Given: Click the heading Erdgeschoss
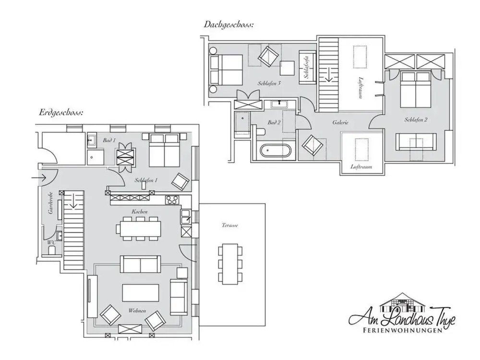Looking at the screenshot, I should (61, 113).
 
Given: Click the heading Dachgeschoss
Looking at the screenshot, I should (228, 24).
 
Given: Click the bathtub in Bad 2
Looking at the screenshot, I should (276, 150).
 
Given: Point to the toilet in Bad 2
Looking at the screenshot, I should (260, 132).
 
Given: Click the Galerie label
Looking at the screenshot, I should (340, 123).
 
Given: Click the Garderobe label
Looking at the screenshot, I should (49, 204).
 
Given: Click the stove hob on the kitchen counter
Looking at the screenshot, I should (172, 200).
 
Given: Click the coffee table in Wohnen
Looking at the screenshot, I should (140, 292).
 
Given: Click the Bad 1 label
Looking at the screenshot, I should (109, 140).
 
